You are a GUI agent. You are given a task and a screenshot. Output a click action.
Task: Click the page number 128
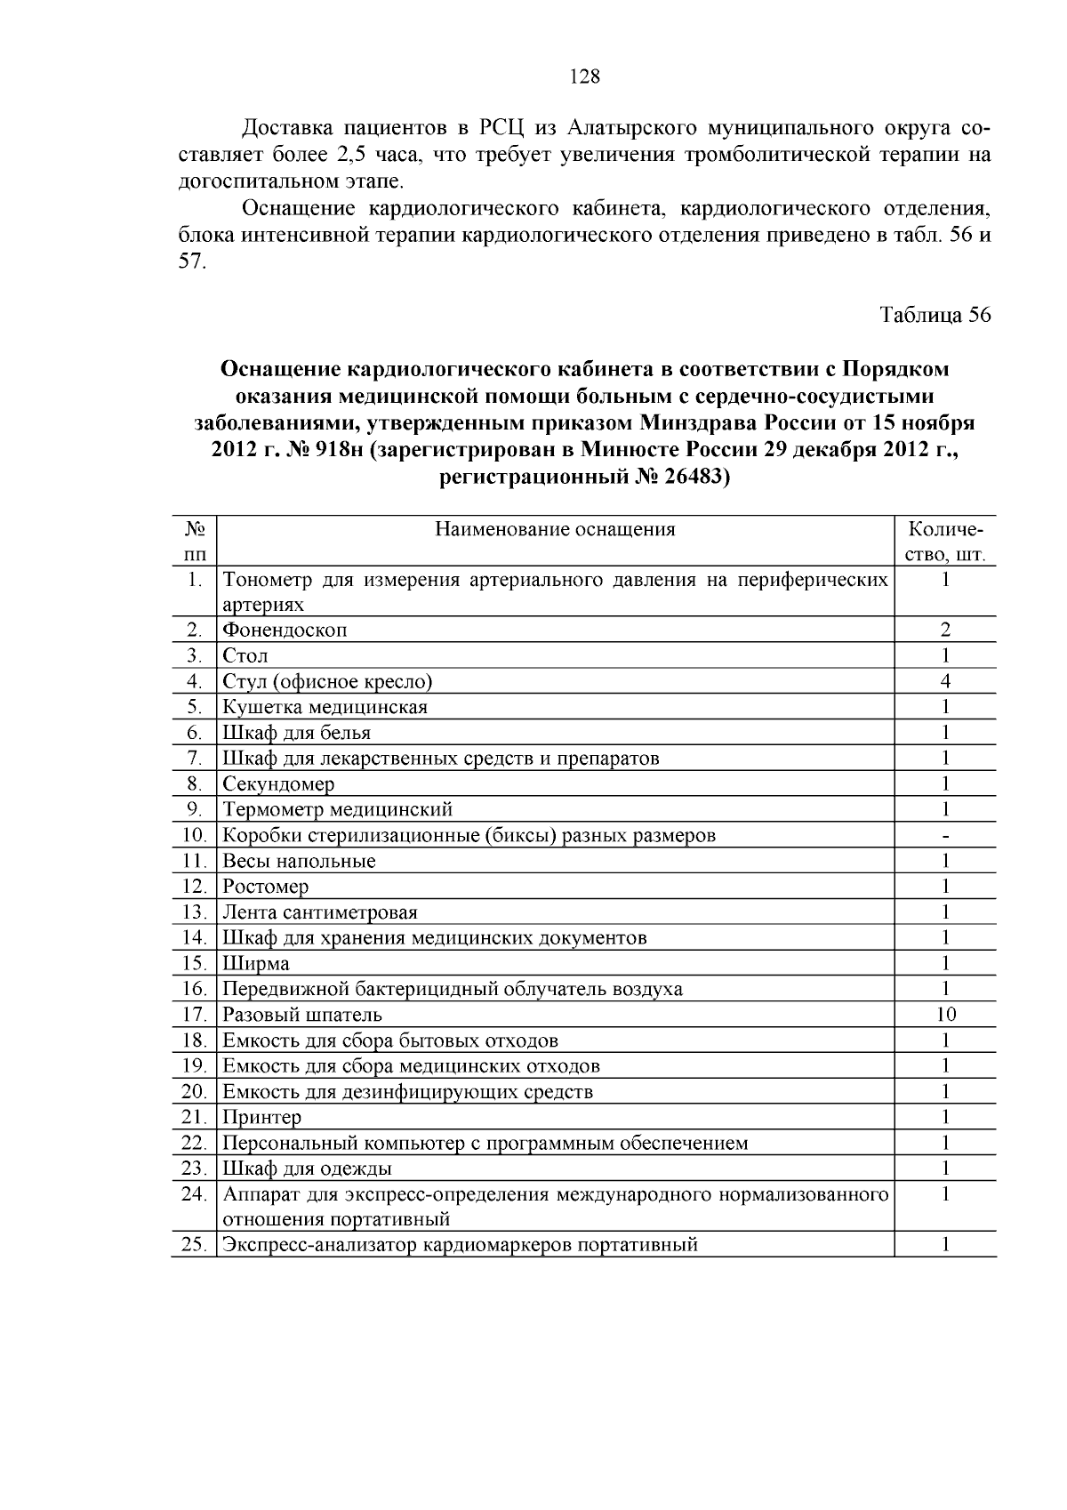pyautogui.click(x=584, y=76)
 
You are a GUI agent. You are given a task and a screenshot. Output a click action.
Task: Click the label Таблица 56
pyautogui.click(x=935, y=316)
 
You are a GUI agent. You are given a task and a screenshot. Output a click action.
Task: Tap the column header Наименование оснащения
pyautogui.click(x=555, y=530)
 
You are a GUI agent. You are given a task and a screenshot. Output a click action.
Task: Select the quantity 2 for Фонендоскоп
pyautogui.click(x=945, y=631)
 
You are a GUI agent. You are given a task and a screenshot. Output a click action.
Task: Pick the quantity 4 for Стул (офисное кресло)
pyautogui.click(x=945, y=682)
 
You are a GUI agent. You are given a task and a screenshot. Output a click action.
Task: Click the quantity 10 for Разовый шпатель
pyautogui.click(x=945, y=1015)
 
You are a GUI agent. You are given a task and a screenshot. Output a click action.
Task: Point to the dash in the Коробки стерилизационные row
pyautogui.click(x=945, y=836)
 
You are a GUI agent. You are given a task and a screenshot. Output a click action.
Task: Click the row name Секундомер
pyautogui.click(x=278, y=784)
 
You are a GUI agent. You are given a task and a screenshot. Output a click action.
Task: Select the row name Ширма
pyautogui.click(x=255, y=964)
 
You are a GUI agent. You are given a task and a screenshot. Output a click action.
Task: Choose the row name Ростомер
pyautogui.click(x=265, y=887)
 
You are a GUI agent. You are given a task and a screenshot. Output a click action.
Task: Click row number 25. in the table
pyautogui.click(x=194, y=1245)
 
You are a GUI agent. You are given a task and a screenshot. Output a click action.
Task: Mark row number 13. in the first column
pyautogui.click(x=194, y=912)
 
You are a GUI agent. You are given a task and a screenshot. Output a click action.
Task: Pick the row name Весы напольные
pyautogui.click(x=299, y=861)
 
